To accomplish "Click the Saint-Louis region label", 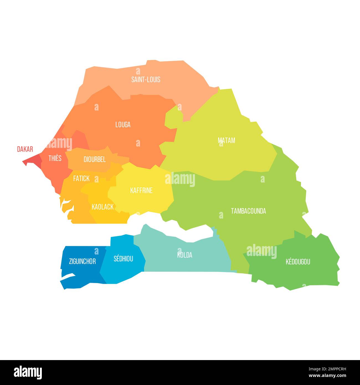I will click(146, 80).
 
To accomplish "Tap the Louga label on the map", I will click(123, 125).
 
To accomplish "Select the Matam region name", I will click(226, 140).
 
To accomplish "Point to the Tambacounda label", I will click(248, 211).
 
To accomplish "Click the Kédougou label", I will click(298, 262).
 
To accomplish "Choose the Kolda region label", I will click(185, 255).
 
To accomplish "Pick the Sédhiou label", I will click(123, 259).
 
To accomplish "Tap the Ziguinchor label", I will click(82, 261).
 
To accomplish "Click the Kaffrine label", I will click(141, 191).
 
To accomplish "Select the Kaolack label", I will click(102, 207).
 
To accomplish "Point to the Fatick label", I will click(81, 179).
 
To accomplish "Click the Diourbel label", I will click(94, 160).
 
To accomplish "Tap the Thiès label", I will click(55, 158).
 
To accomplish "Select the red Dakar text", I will click(25, 149).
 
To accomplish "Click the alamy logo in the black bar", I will click(28, 372).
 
